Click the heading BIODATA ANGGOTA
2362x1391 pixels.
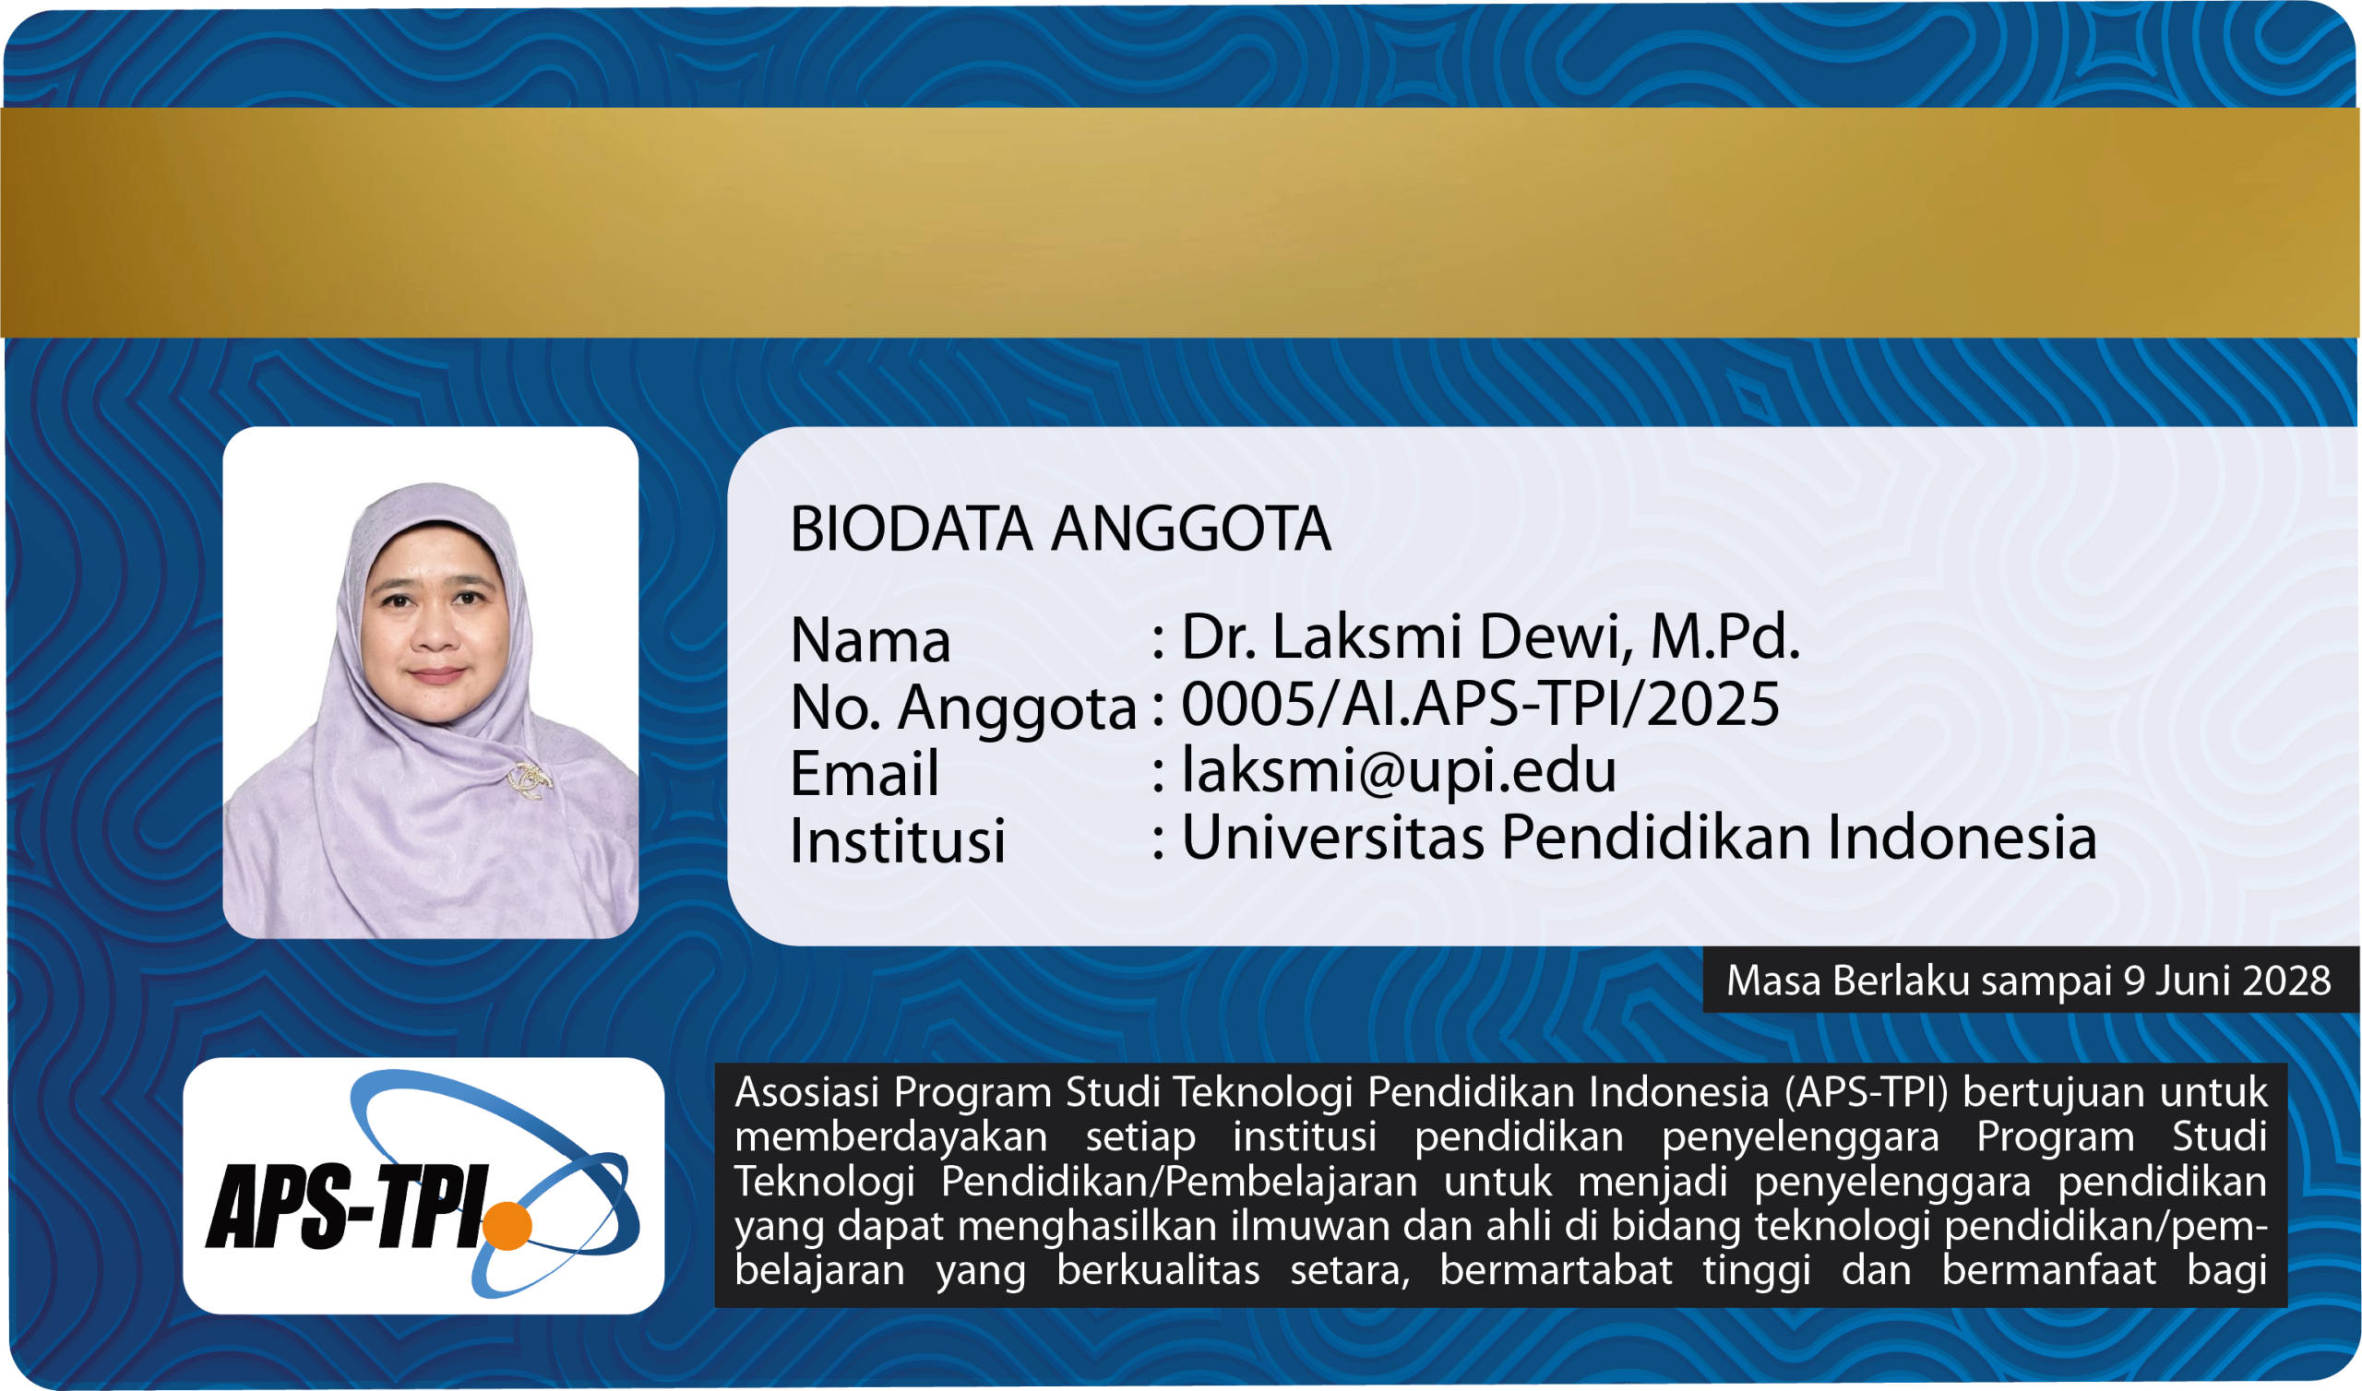coord(1060,529)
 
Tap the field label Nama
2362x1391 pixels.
coord(871,641)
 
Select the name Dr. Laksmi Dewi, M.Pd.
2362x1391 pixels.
coord(1490,636)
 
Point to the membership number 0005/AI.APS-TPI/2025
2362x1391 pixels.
coord(1480,704)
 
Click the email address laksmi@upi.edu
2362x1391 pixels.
coord(1400,770)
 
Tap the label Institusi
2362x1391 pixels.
coord(898,839)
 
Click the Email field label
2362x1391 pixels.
coord(865,773)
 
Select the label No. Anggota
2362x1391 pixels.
coord(963,708)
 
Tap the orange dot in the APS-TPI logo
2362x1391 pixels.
coord(507,1225)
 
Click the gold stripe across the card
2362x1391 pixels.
coord(1181,223)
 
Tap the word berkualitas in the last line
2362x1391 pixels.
coord(1159,1271)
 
